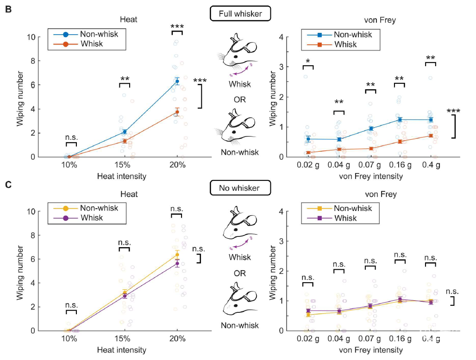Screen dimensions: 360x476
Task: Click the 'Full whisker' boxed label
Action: click(240, 14)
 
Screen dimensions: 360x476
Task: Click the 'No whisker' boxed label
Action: click(240, 188)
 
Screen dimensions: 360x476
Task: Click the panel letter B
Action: click(8, 9)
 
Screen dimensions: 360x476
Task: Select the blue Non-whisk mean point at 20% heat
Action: click(177, 81)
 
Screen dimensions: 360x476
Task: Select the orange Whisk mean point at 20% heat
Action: click(177, 112)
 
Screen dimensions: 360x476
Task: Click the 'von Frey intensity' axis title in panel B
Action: click(370, 176)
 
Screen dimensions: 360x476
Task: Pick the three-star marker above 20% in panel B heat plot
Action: click(177, 27)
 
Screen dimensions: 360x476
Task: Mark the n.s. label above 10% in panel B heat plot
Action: click(71, 138)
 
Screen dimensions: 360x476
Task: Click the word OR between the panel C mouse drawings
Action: click(239, 273)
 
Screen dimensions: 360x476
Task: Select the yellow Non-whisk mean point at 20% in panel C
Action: click(177, 254)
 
